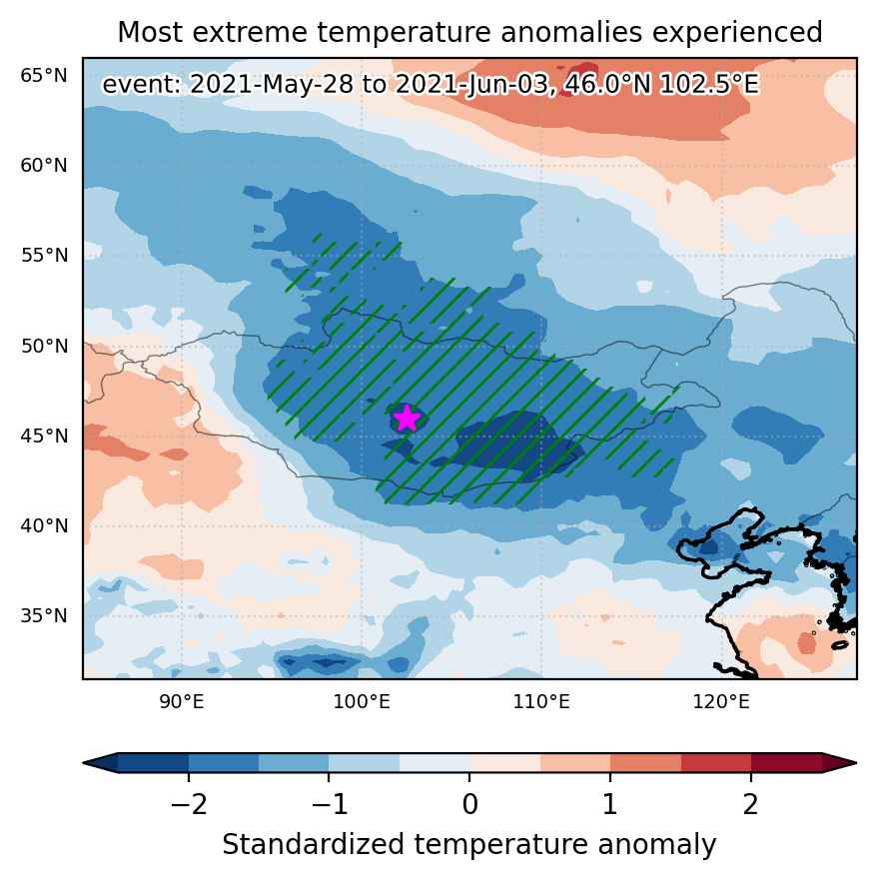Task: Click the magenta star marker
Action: click(407, 418)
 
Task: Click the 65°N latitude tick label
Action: click(44, 75)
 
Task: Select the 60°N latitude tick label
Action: click(44, 166)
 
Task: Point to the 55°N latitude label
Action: click(44, 255)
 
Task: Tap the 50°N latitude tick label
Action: click(44, 346)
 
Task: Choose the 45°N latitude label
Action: click(44, 436)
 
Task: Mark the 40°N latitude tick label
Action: click(44, 525)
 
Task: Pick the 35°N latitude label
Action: click(44, 615)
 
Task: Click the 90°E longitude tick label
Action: click(182, 701)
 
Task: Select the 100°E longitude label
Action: click(362, 701)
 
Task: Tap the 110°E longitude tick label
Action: click(541, 701)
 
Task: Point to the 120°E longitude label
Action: click(721, 701)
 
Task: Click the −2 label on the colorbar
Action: click(189, 804)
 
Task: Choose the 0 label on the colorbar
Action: click(470, 804)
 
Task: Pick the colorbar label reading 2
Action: click(751, 804)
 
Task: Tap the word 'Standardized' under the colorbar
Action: click(313, 844)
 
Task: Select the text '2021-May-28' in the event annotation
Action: click(272, 85)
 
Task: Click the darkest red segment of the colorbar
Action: click(786, 763)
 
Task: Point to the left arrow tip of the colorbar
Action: click(84, 763)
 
